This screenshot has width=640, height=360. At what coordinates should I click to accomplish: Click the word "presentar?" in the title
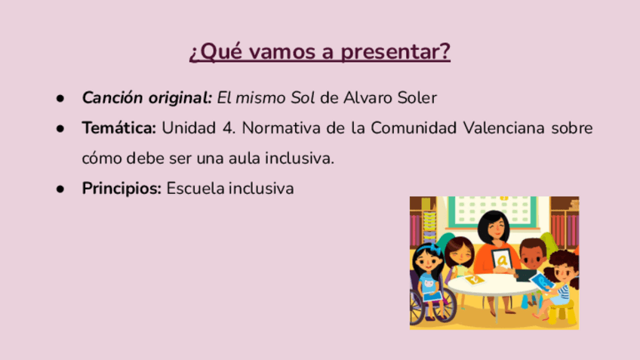pos(395,52)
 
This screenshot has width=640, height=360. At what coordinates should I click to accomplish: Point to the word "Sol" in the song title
pos(303,98)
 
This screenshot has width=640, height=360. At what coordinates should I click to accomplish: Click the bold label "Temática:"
pos(118,128)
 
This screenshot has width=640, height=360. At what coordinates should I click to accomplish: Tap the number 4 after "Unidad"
pos(228,128)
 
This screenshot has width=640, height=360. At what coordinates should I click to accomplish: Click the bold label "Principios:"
pos(122,189)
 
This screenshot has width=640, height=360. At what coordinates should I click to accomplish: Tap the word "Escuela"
pos(195,189)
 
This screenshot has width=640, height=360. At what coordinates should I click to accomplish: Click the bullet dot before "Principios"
pos(60,189)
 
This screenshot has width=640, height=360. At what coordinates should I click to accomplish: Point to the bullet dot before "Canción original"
pos(60,98)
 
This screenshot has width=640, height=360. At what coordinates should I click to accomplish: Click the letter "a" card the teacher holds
pos(503,259)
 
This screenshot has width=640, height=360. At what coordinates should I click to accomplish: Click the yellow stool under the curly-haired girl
pos(562,312)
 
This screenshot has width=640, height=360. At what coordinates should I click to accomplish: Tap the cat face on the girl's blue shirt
pos(429,282)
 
